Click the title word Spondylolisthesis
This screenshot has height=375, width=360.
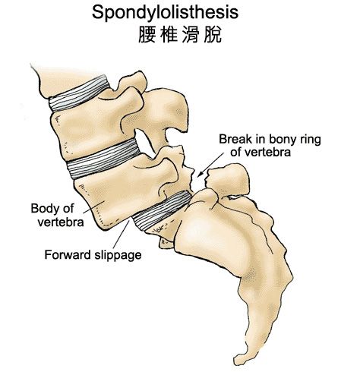tap(165, 13)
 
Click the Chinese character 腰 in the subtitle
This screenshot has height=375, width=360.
tap(147, 34)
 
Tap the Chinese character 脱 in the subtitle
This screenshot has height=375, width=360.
tap(213, 34)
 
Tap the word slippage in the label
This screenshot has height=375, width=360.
tap(118, 255)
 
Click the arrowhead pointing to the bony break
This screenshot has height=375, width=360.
tap(201, 174)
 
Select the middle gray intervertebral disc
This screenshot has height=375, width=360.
tap(104, 159)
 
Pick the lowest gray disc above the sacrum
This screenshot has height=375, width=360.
tap(162, 211)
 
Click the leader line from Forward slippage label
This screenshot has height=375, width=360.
tap(122, 235)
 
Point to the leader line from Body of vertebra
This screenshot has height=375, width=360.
tap(93, 206)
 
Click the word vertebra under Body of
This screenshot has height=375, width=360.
tap(61, 222)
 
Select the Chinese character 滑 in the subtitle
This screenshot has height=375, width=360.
tap(191, 34)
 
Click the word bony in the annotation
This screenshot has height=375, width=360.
tap(283, 140)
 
